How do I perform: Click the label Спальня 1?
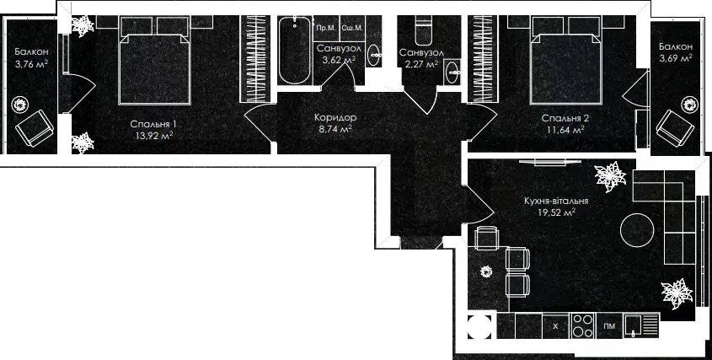pos(153,124)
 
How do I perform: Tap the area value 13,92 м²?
pos(153,135)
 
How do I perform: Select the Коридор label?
pos(335,118)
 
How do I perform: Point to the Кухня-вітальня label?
pos(556,201)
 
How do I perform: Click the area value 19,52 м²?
pos(556,212)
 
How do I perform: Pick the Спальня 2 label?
pos(565,119)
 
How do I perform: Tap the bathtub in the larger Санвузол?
pos(295,50)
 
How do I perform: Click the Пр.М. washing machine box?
pos(326,28)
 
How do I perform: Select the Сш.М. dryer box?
pos(352,28)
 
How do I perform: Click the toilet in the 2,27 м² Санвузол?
pos(423,30)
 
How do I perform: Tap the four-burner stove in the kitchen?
pos(582,325)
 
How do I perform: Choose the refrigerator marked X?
pos(556,326)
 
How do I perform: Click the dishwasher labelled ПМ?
pos(609,326)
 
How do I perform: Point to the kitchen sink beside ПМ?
pos(640,326)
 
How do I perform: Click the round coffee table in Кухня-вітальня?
pos(638,229)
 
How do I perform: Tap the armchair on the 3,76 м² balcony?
pos(35,127)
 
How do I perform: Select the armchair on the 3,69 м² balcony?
pos(675,126)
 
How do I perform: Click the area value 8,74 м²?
pos(335,129)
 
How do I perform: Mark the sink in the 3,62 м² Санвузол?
pos(375,56)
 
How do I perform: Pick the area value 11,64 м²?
pos(565,130)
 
